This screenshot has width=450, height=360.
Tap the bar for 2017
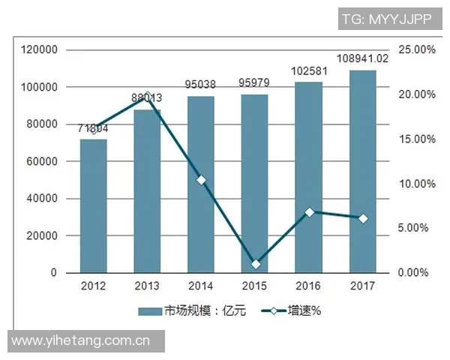click(362, 172)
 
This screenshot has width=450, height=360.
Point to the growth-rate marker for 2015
click(256, 264)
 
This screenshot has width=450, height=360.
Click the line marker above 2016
click(309, 212)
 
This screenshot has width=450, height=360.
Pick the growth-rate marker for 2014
click(201, 180)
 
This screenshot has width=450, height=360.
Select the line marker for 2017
click(363, 218)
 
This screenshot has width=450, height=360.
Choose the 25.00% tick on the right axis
click(416, 50)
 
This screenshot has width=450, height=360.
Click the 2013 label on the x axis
click(147, 286)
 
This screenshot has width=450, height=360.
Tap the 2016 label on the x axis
click(308, 286)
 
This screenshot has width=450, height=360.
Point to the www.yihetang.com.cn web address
click(82, 340)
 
